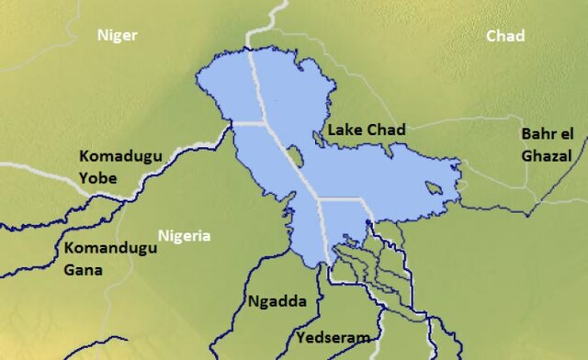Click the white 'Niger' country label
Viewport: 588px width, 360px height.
point(118,36)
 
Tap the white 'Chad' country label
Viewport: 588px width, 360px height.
point(505,36)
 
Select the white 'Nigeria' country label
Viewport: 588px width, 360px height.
point(184,236)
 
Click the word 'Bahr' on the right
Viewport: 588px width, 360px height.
point(538,134)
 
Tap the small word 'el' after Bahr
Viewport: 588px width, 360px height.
point(567,134)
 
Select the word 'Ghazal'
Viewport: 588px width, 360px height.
point(547,156)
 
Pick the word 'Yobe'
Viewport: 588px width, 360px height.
point(98,177)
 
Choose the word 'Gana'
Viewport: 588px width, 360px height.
point(84,270)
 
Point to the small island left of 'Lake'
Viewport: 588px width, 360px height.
point(318,138)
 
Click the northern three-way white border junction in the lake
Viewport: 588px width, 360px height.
point(265,121)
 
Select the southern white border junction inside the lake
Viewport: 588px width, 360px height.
point(320,198)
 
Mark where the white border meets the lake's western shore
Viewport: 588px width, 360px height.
point(233,122)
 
